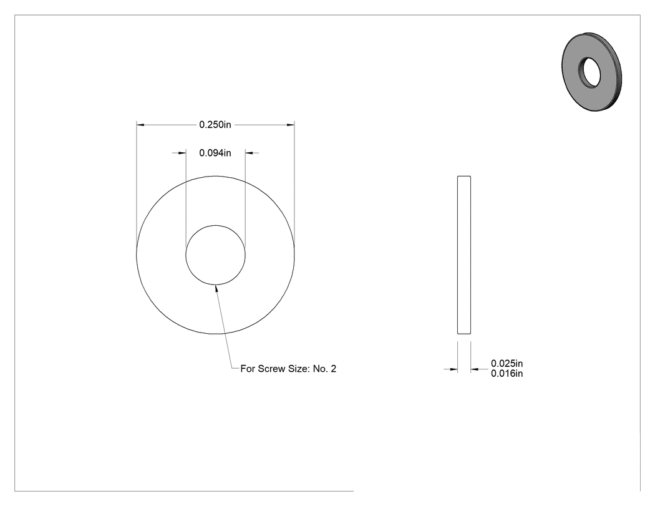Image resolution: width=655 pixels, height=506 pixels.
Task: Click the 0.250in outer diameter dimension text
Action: click(215, 125)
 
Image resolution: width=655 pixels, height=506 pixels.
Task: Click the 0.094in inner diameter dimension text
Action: click(215, 153)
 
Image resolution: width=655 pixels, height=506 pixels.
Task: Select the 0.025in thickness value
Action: click(507, 364)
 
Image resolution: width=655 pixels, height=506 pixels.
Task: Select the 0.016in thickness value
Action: click(507, 374)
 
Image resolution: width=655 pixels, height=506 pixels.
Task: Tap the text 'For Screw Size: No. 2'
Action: click(288, 369)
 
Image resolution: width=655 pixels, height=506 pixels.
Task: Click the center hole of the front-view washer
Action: click(216, 255)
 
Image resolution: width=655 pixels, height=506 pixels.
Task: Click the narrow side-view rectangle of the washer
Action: click(464, 255)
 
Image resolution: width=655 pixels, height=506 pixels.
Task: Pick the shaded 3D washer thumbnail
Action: click(591, 72)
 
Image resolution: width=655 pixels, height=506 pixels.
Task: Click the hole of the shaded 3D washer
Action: click(589, 73)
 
